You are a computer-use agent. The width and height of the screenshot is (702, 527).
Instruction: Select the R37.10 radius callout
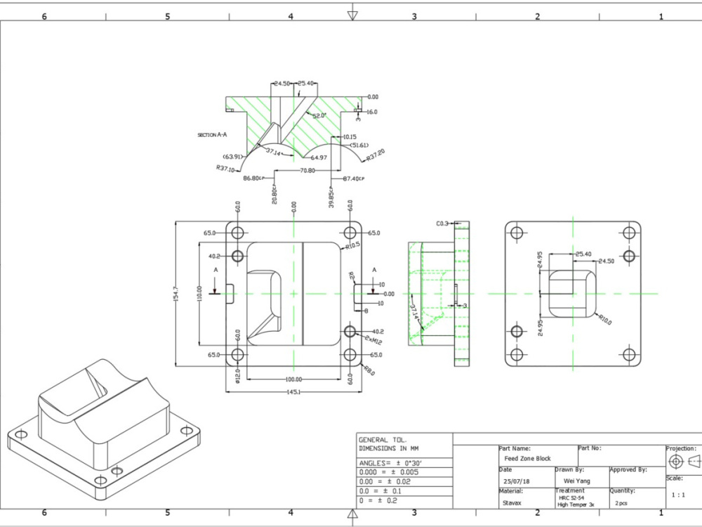tap(226, 169)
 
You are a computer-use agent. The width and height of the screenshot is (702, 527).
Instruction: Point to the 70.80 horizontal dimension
tap(307, 170)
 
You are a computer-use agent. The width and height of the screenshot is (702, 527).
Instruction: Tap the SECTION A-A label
tap(212, 134)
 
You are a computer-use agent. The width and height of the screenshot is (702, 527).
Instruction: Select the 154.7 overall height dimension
tap(176, 294)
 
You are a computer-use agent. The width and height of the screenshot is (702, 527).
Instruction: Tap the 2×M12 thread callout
tap(373, 340)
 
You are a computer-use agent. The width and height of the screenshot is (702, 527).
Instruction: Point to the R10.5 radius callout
tap(352, 246)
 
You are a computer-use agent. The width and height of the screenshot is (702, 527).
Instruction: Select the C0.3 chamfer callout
tap(442, 223)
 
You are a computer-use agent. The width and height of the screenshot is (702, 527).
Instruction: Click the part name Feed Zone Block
tap(523, 458)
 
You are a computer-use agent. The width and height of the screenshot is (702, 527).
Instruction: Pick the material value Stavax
tap(512, 503)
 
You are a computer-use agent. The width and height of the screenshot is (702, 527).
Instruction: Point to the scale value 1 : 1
tap(678, 495)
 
